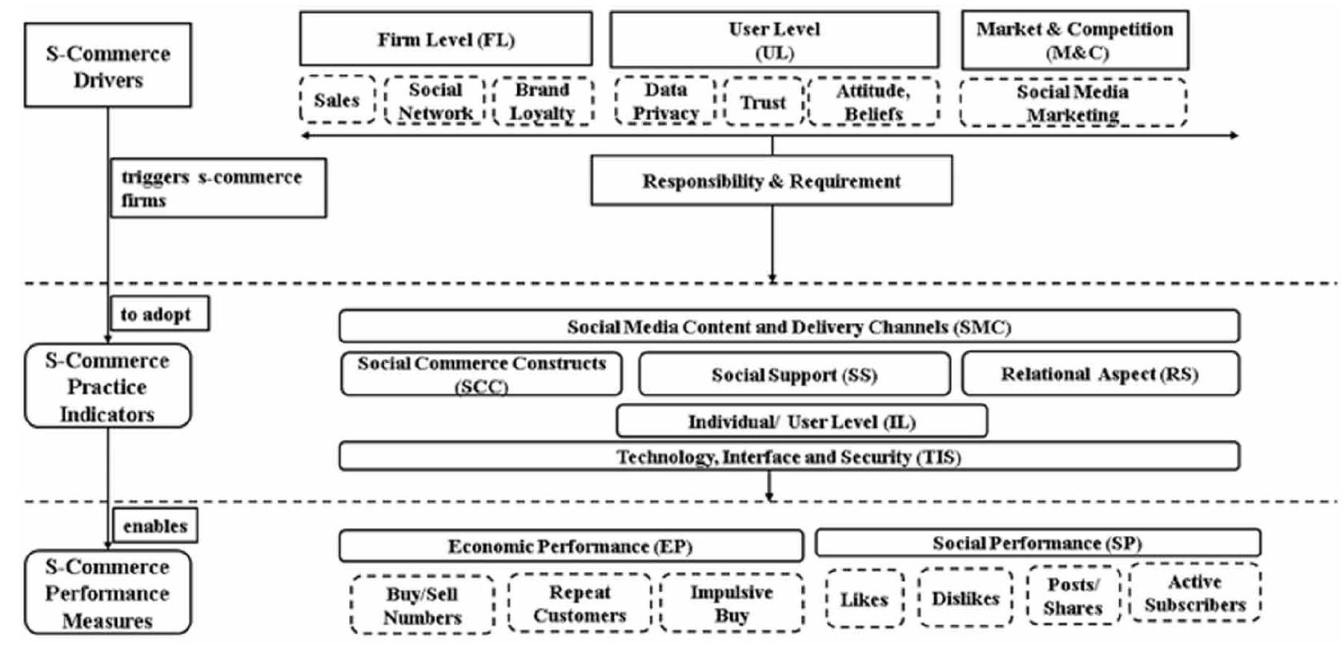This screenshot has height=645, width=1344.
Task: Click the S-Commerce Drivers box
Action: pos(107,66)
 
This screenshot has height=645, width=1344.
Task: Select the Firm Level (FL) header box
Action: pos(446,39)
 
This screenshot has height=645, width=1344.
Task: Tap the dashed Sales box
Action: pos(337,100)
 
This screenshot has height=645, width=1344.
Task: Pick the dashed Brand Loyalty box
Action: pos(543,101)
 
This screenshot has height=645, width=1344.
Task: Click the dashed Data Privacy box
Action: pos(665,101)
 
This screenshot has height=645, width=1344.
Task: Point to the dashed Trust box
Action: pos(763,102)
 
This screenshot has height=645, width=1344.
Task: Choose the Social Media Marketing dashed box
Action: pos(1073,103)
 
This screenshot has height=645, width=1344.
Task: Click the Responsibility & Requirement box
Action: pos(771,181)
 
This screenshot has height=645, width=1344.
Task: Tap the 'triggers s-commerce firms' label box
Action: pos(218,188)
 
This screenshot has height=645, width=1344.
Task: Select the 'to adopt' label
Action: pos(158,314)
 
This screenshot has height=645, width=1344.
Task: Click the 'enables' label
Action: pos(155,526)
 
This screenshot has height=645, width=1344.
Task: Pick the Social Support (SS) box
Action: pos(794,374)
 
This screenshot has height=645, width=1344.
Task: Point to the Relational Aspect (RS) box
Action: pos(1100,374)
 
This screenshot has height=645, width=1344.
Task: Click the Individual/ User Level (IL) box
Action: pos(801,421)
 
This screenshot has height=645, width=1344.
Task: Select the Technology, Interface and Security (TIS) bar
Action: pos(788,457)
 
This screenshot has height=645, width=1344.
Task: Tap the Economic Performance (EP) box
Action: pos(570,546)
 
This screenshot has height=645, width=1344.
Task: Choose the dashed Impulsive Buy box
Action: pos(732,603)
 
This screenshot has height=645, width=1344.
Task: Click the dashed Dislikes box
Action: pos(965,599)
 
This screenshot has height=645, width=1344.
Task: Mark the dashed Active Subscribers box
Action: pos(1194,593)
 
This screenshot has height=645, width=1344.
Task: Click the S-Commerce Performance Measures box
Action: pos(107,593)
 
